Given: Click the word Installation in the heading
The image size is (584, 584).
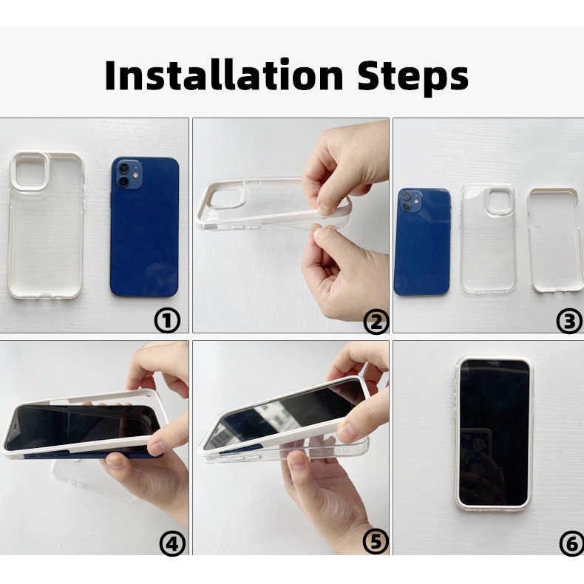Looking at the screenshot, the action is (224, 75).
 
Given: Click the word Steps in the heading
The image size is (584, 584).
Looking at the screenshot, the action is (413, 78).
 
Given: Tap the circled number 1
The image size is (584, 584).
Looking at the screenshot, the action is (167, 321).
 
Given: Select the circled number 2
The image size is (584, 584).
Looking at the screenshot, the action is (376, 322).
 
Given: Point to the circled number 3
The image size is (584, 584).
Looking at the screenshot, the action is (569, 321).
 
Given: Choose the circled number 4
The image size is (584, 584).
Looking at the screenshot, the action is (172, 544).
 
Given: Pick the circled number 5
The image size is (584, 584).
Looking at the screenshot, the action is (376, 542).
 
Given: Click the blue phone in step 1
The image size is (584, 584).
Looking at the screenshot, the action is (144, 227).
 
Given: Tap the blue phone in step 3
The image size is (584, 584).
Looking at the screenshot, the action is (422, 242).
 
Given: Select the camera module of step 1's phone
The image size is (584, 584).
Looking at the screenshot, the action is (128, 174).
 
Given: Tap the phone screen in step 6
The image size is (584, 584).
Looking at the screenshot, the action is (495, 432).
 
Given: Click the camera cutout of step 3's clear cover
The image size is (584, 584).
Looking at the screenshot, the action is (500, 202).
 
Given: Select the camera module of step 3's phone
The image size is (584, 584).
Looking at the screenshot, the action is (410, 202).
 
